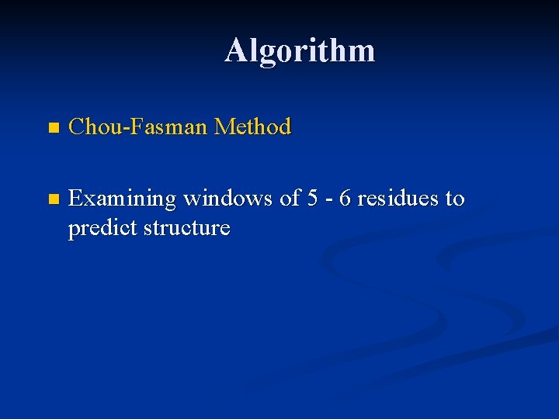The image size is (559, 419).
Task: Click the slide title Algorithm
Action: (300, 51)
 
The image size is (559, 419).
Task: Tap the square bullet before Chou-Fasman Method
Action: (52, 127)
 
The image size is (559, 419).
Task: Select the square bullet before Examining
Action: (52, 199)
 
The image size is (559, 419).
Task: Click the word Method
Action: (252, 126)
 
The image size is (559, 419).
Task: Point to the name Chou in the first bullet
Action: (92, 126)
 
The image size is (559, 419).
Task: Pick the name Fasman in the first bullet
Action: (165, 126)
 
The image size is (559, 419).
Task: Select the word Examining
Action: (123, 200)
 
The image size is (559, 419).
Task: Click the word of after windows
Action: (290, 199)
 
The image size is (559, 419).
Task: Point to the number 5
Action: (312, 199)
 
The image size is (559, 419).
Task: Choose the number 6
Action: (345, 199)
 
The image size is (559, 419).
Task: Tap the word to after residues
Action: (455, 199)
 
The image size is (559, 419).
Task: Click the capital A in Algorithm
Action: (237, 51)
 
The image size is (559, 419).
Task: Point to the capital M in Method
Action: (224, 126)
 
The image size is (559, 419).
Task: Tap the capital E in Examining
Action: (75, 199)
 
